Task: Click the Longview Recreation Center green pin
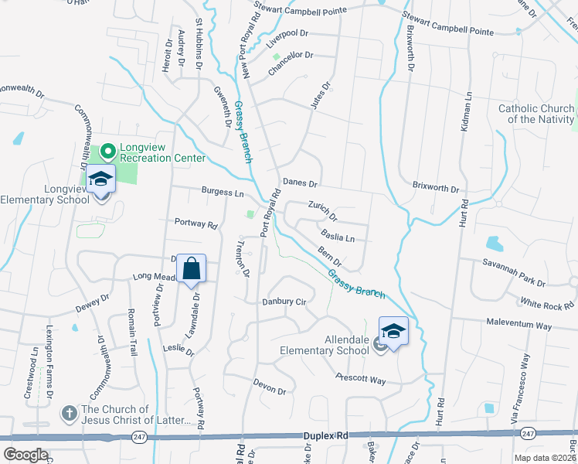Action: pyautogui.click(x=108, y=150)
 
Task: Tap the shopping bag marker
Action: pyautogui.click(x=192, y=269)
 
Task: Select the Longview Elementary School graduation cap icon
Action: pyautogui.click(x=100, y=179)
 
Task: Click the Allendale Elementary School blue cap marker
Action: pyautogui.click(x=393, y=333)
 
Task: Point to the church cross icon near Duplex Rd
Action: pyautogui.click(x=69, y=414)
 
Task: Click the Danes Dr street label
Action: pyautogui.click(x=300, y=183)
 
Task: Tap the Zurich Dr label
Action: pyautogui.click(x=322, y=209)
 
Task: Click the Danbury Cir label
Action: pyautogui.click(x=285, y=302)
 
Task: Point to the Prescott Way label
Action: pyautogui.click(x=360, y=379)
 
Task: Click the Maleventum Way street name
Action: pyautogui.click(x=519, y=325)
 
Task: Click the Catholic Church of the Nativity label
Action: pyautogui.click(x=535, y=114)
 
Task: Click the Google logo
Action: pyautogui.click(x=25, y=455)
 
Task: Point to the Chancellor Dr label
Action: pyautogui.click(x=291, y=56)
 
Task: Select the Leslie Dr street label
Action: pyautogui.click(x=178, y=349)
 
